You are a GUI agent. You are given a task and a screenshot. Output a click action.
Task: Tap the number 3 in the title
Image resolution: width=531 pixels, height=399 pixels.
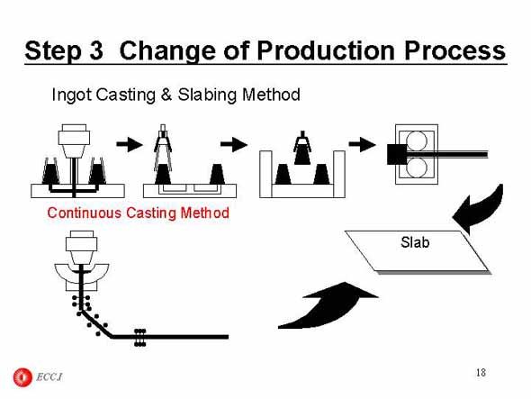pos(96,50)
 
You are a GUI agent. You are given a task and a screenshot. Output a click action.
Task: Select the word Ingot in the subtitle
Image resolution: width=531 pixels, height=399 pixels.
pos(71,95)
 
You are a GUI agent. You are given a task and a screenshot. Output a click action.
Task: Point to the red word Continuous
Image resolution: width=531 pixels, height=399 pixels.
pos(85,213)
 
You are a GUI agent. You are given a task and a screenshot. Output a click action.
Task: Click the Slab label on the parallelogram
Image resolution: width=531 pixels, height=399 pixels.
pos(415,242)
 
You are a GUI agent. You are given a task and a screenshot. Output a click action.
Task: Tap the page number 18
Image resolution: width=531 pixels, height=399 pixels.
pos(481,373)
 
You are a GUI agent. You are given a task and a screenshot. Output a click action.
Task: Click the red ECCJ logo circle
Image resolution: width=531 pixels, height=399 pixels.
pos(22,377)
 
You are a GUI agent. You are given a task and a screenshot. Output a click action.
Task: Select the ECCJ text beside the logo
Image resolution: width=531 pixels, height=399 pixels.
pos(49,377)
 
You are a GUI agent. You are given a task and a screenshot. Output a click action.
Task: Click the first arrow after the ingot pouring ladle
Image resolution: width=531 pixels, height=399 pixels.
pos(130,144)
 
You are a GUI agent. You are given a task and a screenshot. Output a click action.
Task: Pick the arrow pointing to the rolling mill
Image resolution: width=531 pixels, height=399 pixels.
pos(362,144)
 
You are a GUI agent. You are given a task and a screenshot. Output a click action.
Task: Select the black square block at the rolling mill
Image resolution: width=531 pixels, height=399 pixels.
pos(397,155)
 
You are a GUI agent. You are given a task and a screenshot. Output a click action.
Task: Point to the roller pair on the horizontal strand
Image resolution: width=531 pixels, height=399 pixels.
pos(140,337)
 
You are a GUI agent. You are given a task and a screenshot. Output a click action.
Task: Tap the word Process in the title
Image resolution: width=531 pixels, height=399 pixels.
pos(454,50)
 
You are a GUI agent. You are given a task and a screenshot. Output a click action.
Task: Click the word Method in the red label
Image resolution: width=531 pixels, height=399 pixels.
pos(205,213)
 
